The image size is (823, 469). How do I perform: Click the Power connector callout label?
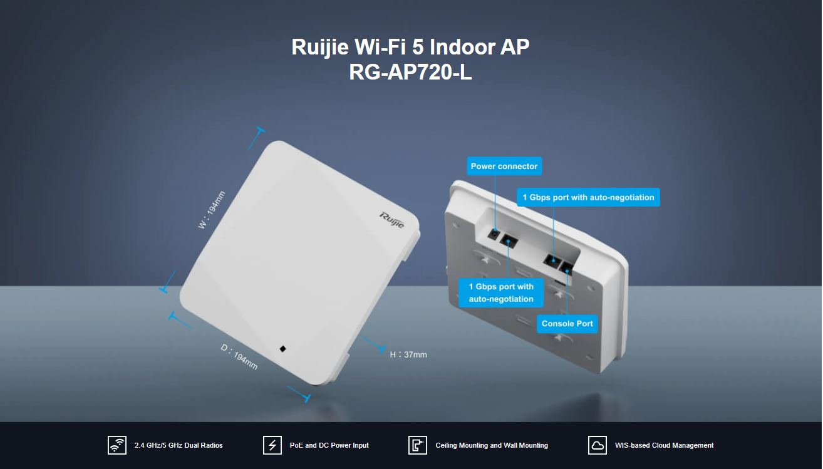click(504, 167)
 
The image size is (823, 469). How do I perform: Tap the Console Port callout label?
click(567, 324)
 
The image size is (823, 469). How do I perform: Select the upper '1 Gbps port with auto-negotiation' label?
click(588, 197)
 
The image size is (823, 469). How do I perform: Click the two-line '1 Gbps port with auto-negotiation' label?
click(501, 292)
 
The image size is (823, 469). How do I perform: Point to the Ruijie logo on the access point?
click(392, 220)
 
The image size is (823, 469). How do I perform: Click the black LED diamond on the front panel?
click(282, 349)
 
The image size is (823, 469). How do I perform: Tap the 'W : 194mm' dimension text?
click(212, 210)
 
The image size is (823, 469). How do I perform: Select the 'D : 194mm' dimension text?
click(239, 357)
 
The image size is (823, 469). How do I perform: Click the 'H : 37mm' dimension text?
click(408, 355)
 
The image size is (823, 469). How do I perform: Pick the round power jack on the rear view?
click(495, 234)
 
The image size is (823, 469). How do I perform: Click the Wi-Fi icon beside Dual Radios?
click(117, 445)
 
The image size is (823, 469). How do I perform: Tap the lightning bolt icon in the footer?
click(272, 445)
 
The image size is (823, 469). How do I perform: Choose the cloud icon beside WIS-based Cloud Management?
click(598, 445)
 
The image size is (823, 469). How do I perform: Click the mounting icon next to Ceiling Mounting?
click(418, 445)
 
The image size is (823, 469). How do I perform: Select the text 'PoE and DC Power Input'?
click(329, 445)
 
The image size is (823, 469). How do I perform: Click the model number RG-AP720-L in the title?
click(410, 73)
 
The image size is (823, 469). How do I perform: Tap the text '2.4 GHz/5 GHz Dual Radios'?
click(179, 445)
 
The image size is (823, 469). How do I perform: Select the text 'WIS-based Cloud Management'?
click(665, 445)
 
